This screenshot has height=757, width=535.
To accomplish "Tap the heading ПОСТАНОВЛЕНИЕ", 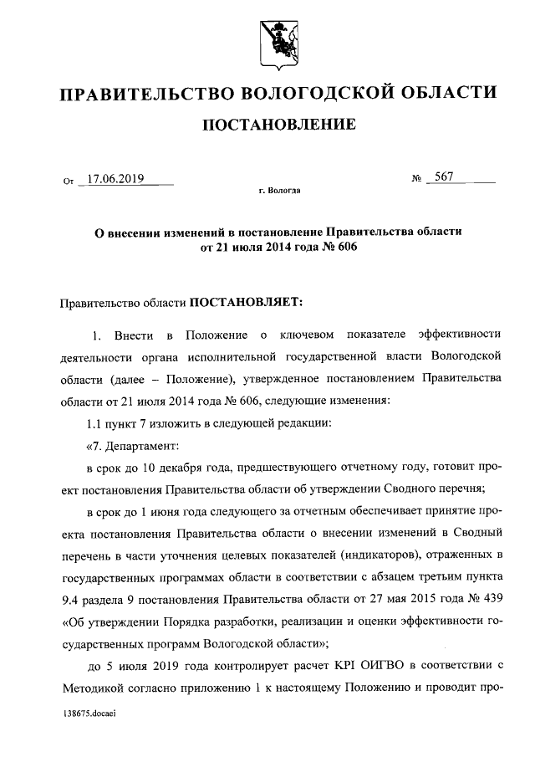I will (x=276, y=125).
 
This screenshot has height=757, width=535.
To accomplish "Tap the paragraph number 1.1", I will (x=95, y=422).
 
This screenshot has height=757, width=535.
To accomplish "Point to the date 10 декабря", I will (x=168, y=466).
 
